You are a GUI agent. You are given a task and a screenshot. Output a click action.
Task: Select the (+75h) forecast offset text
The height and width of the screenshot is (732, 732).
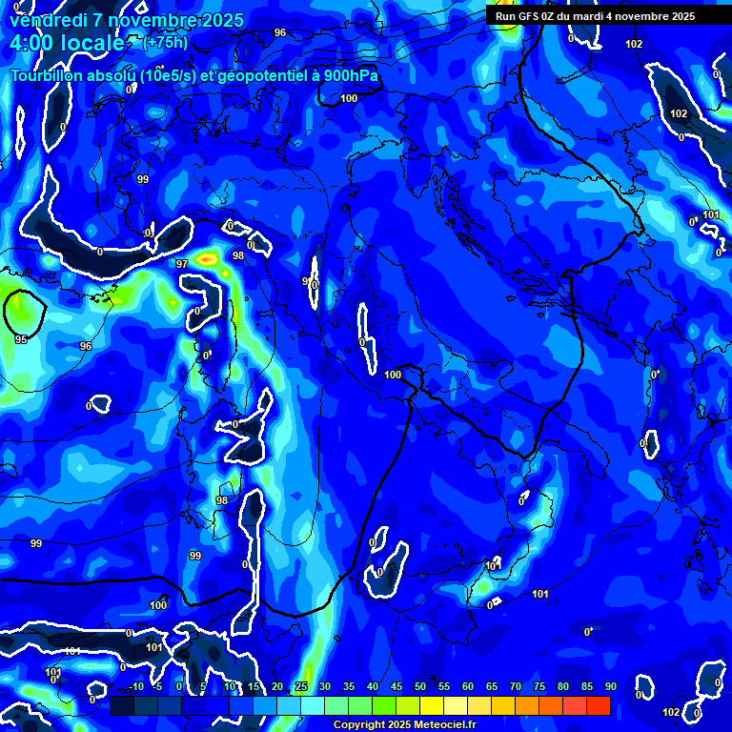[x=165, y=42]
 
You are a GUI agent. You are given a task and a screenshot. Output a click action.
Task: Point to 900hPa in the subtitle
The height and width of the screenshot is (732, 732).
[x=351, y=75]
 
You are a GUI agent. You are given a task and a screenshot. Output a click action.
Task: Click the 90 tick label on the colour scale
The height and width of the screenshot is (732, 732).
[x=610, y=686]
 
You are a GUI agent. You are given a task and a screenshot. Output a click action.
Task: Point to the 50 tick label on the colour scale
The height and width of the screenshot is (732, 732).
[x=420, y=686]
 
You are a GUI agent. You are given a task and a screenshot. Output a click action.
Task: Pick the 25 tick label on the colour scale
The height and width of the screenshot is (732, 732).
[x=301, y=686]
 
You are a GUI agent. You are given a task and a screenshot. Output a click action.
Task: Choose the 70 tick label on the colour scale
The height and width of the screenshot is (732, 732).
[x=516, y=686]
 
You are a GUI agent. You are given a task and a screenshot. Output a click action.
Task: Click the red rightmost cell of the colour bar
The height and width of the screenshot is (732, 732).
[x=599, y=705]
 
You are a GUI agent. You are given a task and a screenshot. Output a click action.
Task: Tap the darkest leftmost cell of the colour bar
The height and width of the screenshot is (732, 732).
[x=122, y=705]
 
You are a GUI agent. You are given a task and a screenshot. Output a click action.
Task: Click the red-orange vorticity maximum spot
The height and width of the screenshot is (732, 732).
[x=207, y=258]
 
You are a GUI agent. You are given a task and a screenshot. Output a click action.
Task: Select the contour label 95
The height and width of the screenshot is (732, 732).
[x=21, y=338]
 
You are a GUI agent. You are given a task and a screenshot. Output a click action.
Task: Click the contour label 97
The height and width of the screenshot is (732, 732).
[x=182, y=263]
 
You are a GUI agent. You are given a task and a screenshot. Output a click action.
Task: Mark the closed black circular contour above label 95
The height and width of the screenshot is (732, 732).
[x=26, y=312]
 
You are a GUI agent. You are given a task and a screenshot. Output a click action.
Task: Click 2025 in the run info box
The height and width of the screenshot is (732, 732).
[x=678, y=16]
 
